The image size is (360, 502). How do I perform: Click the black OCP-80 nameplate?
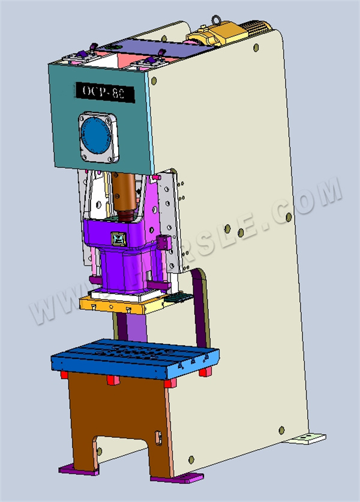coord(106,91)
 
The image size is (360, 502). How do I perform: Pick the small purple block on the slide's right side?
coord(161,243)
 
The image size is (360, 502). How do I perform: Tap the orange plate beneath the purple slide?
coord(120,304)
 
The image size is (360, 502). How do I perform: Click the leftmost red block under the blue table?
coord(63,375)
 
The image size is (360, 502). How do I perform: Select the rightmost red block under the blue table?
coord(205,372)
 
